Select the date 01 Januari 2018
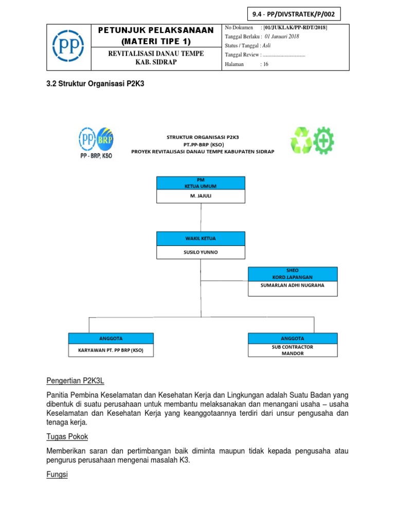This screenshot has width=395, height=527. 282,37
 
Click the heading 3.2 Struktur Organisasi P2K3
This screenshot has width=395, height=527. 95,83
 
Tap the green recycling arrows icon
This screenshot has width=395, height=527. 302,140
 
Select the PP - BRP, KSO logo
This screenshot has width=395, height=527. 96,143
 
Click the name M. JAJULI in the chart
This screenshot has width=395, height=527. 201,196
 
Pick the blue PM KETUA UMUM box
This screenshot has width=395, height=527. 201,183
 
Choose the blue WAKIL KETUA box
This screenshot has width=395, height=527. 201,239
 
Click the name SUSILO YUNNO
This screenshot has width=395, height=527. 201,252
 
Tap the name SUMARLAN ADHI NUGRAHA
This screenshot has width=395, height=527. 293,285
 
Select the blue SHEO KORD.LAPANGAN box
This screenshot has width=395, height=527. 293,273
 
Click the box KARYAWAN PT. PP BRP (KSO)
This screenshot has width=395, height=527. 111,350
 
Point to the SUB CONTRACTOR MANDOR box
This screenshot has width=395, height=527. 293,350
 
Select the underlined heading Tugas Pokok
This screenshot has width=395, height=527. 67,436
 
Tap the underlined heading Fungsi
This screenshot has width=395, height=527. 57,475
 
